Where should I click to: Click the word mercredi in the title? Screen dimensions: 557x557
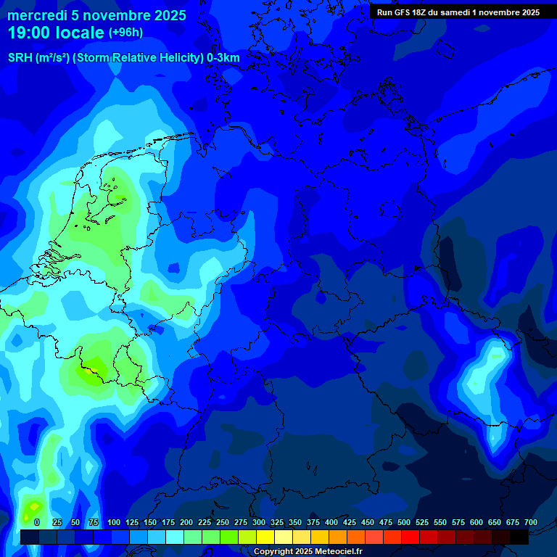35,15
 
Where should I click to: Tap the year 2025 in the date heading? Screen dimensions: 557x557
169,15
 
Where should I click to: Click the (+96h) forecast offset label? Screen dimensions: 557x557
125,33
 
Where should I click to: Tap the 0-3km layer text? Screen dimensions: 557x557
223,58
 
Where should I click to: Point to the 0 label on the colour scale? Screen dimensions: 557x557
36,522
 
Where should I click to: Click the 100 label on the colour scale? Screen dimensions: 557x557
114,522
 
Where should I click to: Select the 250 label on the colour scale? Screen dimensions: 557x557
223,522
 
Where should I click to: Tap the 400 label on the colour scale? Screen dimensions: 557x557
331,522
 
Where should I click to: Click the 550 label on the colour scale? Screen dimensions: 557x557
440,522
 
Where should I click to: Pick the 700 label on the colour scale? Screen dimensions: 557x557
530,522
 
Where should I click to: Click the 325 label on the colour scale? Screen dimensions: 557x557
277,522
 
